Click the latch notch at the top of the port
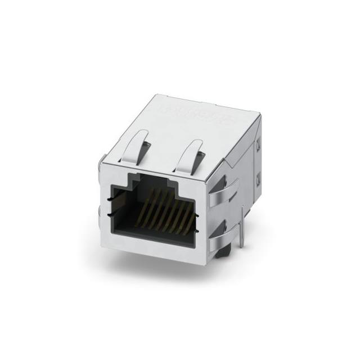pos(153,182)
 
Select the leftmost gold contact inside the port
pos(147,199)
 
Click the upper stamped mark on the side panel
pos(258,147)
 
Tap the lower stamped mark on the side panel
pos(258,179)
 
